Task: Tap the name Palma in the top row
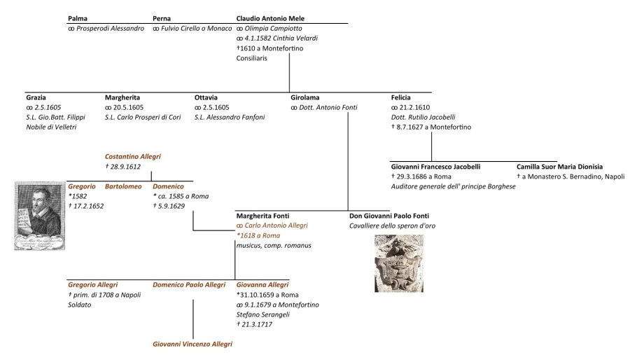click(x=79, y=18)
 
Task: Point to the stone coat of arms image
click(x=400, y=263)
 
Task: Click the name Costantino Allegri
click(x=133, y=156)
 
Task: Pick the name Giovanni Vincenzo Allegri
click(x=192, y=344)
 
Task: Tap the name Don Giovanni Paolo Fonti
click(x=388, y=216)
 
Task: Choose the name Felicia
click(x=401, y=97)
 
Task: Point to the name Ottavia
click(x=206, y=97)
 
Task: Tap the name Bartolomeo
click(x=123, y=186)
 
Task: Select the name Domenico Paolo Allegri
click(x=189, y=284)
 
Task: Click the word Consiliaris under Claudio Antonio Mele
click(x=252, y=58)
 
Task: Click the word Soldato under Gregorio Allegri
click(x=80, y=305)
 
